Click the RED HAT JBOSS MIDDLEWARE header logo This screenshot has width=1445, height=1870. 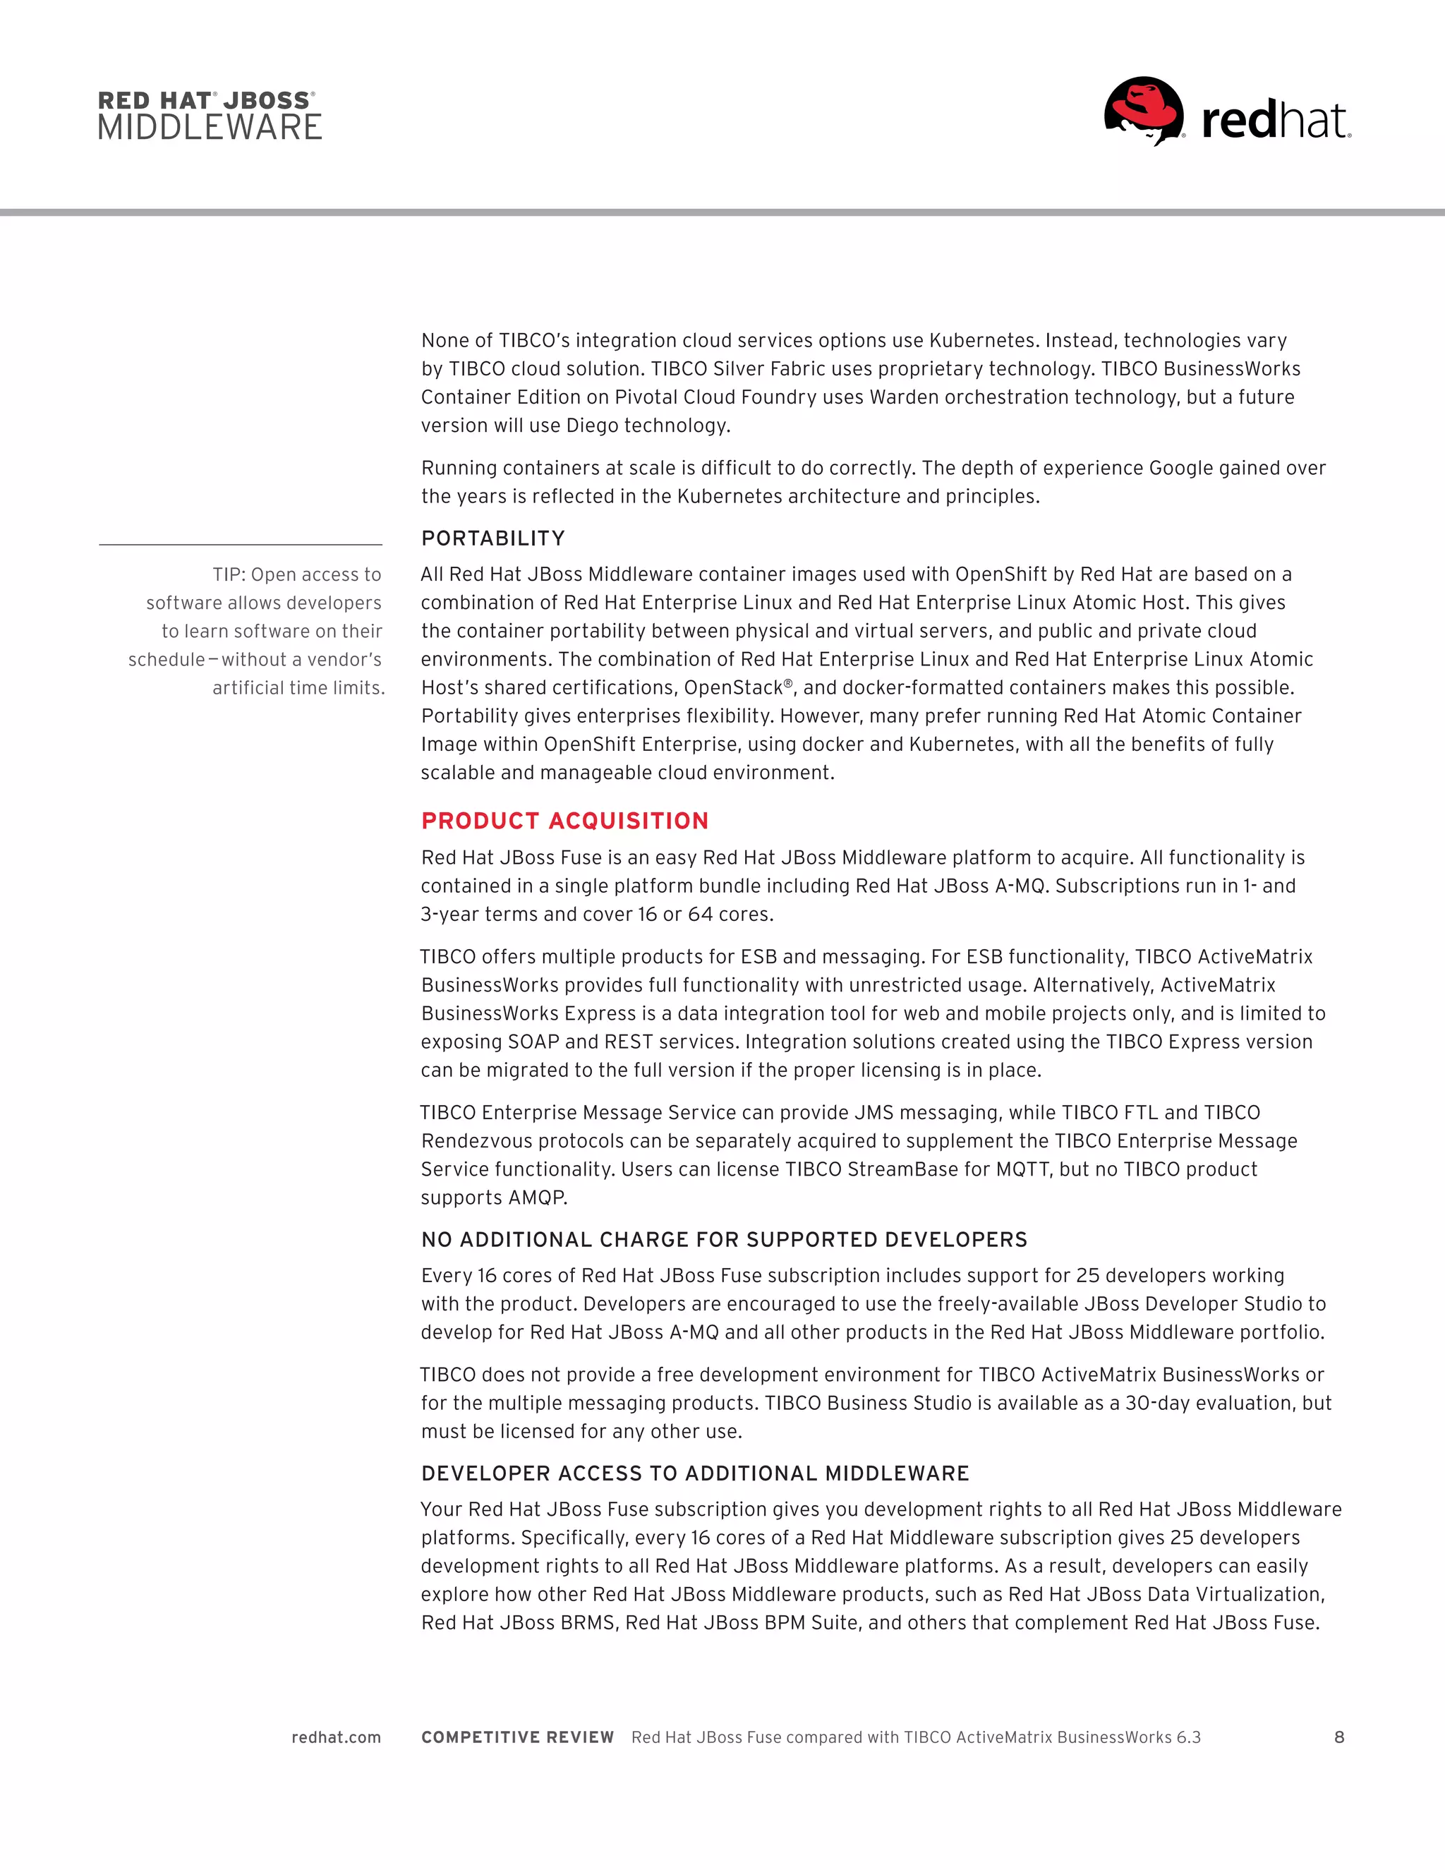(x=210, y=116)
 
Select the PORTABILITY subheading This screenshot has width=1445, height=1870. (x=493, y=538)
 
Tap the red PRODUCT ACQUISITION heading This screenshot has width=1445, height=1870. (x=565, y=821)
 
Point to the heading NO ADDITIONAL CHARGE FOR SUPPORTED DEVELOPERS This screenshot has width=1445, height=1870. (x=724, y=1240)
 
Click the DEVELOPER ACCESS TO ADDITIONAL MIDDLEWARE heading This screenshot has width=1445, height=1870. (x=695, y=1473)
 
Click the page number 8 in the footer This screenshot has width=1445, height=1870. (x=1339, y=1737)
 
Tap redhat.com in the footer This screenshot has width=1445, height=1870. (x=337, y=1737)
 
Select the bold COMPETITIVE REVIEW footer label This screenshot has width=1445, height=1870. (x=518, y=1737)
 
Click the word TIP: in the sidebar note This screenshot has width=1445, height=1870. (x=229, y=574)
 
